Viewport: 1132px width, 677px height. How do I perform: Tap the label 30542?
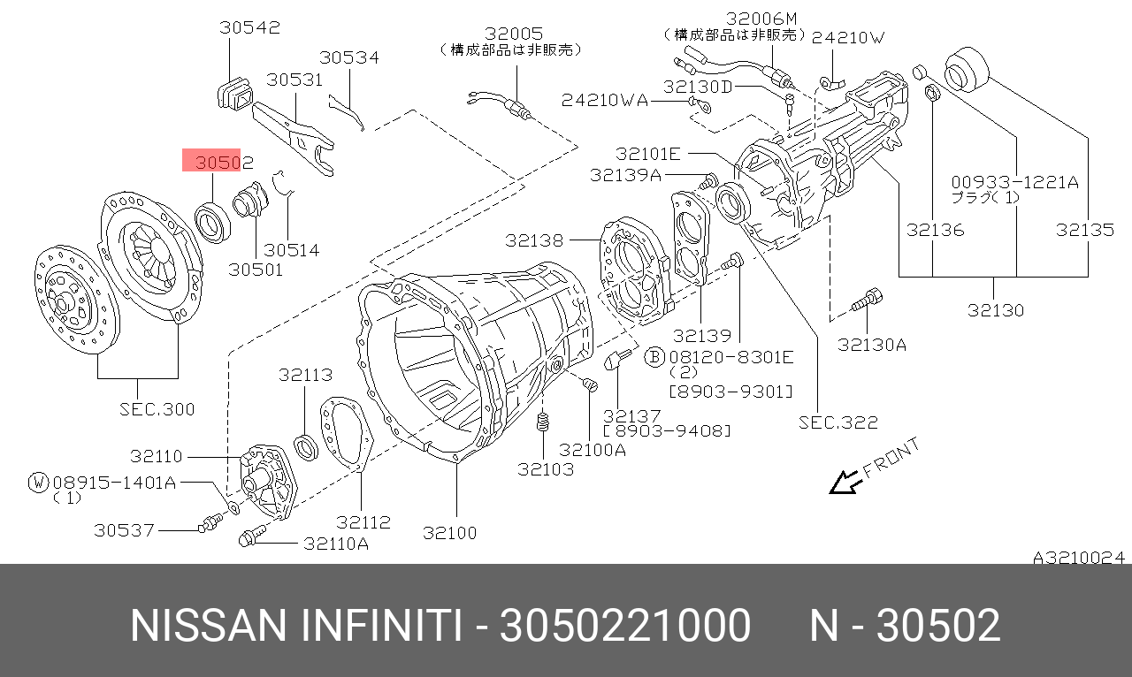(x=249, y=27)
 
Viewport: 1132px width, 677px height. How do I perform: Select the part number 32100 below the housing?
(x=449, y=532)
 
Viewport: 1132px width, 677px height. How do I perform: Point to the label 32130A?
(x=872, y=345)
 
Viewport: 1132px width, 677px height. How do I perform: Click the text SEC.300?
(x=157, y=409)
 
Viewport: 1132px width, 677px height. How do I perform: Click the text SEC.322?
(x=838, y=422)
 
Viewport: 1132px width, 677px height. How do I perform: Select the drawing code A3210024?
(x=1078, y=558)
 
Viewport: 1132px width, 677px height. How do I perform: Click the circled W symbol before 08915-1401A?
(x=38, y=482)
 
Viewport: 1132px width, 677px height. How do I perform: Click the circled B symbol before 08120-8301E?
(x=654, y=356)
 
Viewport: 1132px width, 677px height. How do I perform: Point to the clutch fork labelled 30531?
(x=292, y=133)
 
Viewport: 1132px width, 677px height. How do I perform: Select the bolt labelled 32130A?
(x=867, y=300)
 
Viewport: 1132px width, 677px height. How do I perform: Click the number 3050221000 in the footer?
(x=624, y=626)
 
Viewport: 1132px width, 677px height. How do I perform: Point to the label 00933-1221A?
(x=1014, y=183)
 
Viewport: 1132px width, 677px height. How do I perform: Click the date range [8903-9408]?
(x=667, y=430)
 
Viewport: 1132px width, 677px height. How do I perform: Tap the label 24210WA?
(x=605, y=101)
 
